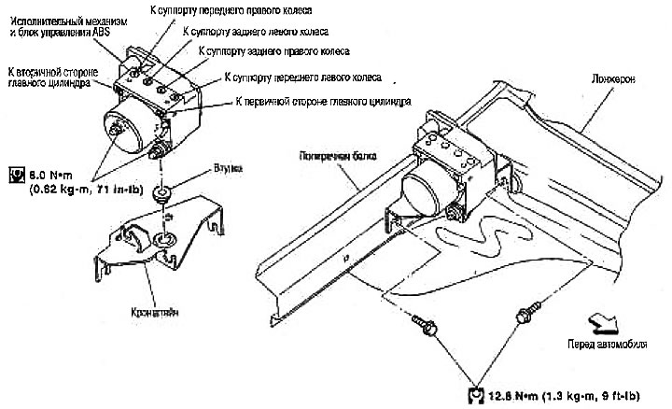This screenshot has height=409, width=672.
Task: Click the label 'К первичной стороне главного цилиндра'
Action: [320, 100]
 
